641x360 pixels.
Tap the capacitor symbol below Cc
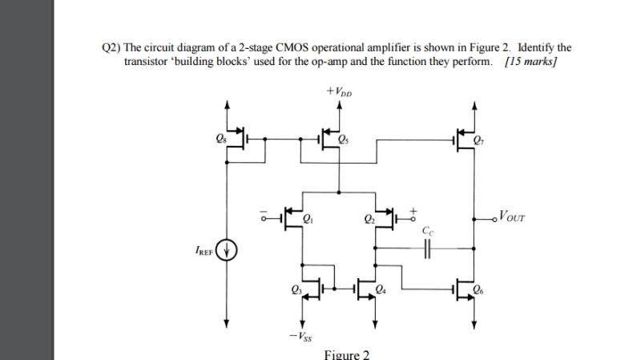coord(427,249)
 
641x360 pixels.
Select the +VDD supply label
coord(341,91)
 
